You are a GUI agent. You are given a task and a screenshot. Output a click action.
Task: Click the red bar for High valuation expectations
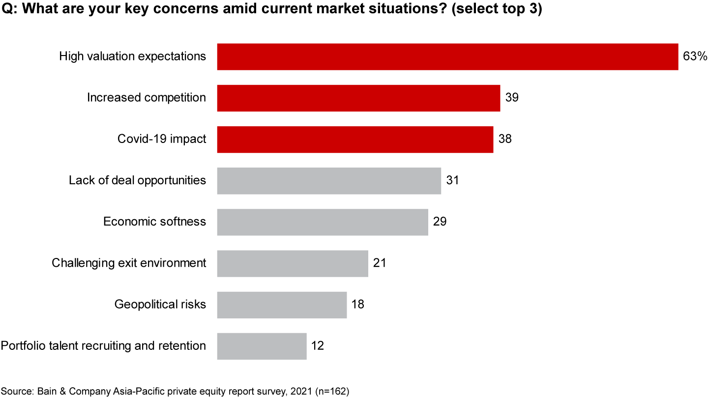click(447, 57)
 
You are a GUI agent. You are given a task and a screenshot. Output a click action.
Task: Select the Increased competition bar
click(358, 98)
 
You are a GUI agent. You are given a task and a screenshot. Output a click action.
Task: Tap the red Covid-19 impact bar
click(355, 139)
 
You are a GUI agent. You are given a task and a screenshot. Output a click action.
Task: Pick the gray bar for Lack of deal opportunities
click(329, 180)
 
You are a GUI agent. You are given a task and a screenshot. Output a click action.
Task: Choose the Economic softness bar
click(323, 222)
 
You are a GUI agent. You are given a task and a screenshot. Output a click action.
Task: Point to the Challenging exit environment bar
click(293, 263)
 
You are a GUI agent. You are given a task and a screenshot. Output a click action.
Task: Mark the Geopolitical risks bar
click(282, 304)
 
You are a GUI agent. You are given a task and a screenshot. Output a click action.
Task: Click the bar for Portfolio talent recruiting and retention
click(262, 345)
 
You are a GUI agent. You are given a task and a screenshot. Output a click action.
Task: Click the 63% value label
click(694, 57)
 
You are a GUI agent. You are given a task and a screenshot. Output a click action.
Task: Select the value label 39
click(512, 98)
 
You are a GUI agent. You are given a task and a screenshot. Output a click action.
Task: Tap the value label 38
click(505, 139)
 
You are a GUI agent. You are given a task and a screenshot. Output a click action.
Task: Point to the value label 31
click(452, 180)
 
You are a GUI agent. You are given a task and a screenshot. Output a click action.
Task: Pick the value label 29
click(440, 222)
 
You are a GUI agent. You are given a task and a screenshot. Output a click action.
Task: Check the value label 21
click(380, 263)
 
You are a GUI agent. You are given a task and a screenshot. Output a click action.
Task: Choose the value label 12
click(318, 345)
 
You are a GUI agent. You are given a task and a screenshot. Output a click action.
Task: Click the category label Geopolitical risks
click(160, 304)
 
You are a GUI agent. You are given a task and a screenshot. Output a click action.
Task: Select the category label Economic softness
click(154, 222)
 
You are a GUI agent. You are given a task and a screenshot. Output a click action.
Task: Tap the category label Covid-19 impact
click(162, 139)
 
